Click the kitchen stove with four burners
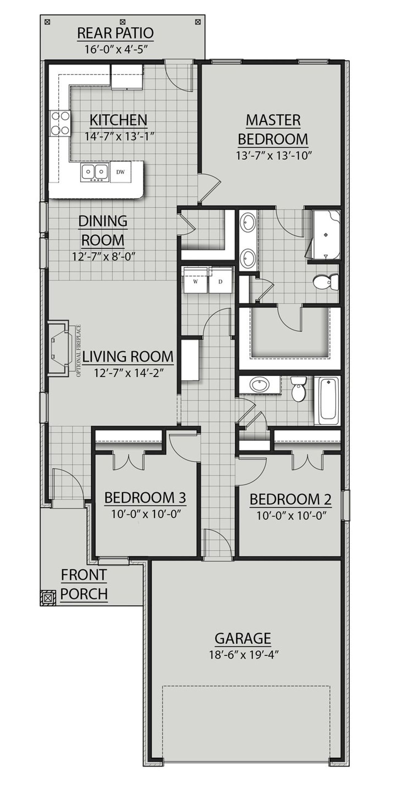click(x=60, y=124)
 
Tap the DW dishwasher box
click(x=120, y=172)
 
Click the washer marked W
click(x=195, y=282)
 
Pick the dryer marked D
click(x=220, y=282)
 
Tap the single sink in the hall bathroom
click(x=260, y=384)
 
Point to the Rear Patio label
click(x=115, y=33)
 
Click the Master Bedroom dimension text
click(x=274, y=156)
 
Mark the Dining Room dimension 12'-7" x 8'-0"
click(x=103, y=256)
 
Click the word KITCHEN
click(x=118, y=120)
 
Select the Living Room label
click(x=127, y=357)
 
